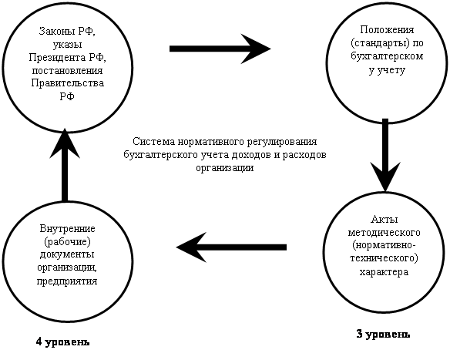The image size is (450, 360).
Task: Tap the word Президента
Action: [57, 57]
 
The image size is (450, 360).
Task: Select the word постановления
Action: [67, 70]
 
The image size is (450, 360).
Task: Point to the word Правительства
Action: [68, 83]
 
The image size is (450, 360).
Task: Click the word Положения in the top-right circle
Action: [387, 30]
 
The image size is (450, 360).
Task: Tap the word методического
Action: [385, 232]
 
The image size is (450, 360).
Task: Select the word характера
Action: [384, 272]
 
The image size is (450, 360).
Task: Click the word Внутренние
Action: [68, 229]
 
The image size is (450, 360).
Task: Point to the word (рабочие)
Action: [68, 242]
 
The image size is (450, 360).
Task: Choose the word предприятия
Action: [67, 281]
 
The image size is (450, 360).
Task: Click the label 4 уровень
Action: [63, 342]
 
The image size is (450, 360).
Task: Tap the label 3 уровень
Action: [383, 334]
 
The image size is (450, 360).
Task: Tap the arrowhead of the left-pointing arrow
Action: [192, 247]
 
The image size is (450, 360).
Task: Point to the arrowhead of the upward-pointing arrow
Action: [65, 143]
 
